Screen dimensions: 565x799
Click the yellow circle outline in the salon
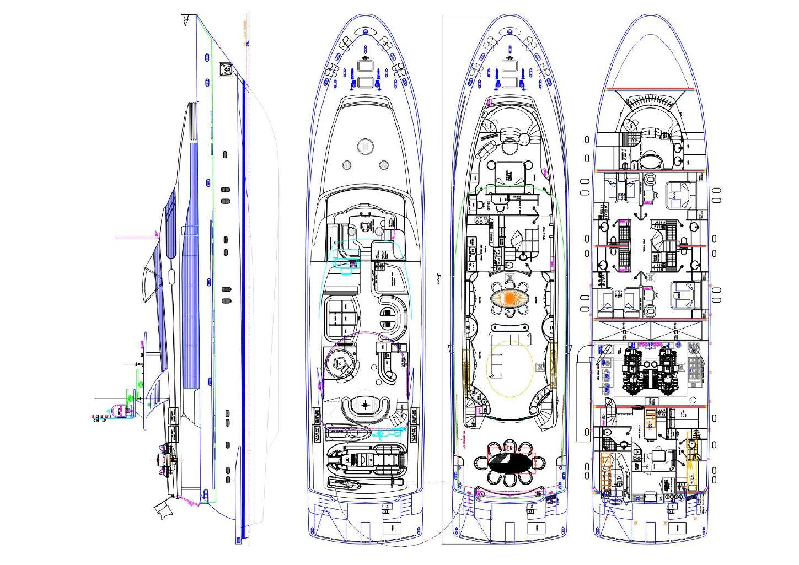pyautogui.click(x=510, y=370)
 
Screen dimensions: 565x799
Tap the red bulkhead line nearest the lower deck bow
pyautogui.click(x=650, y=88)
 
